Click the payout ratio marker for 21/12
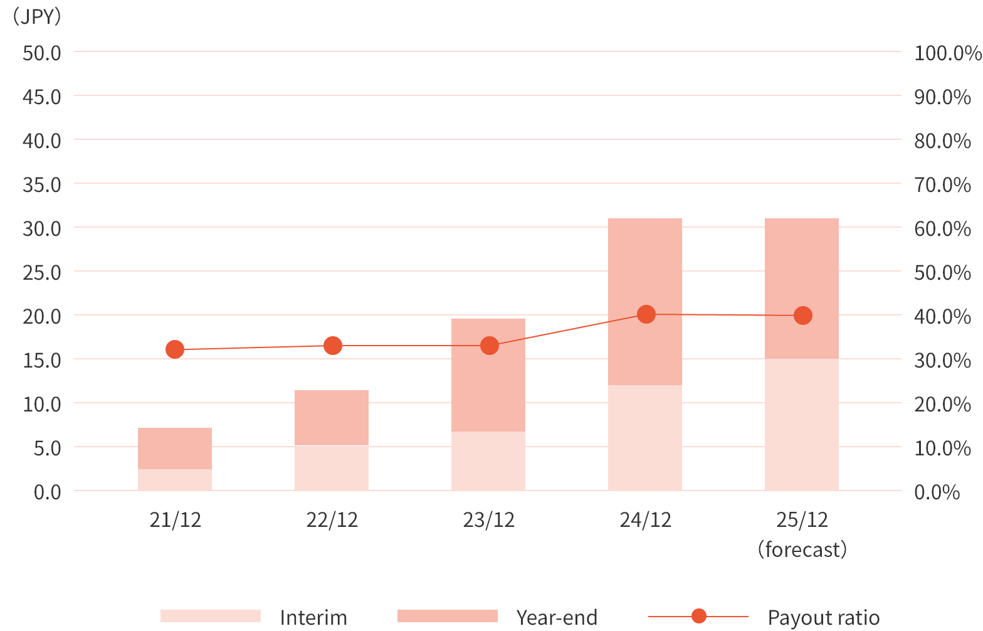coord(175,349)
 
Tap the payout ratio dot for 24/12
coord(646,314)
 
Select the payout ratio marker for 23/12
coord(489,346)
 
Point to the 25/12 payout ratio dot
coord(802,315)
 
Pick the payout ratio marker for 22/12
coord(332,346)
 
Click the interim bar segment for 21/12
coord(175,480)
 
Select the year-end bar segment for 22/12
coord(332,418)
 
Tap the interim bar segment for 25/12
coord(802,425)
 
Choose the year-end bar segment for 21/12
coord(175,448)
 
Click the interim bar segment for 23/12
coord(488,461)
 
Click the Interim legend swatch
coord(211,616)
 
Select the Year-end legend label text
coord(557,617)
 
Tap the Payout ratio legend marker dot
coord(698,617)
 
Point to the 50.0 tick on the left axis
coord(42,53)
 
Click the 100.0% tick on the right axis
coord(947,53)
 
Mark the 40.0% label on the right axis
coord(942,316)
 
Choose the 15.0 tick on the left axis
coord(42,360)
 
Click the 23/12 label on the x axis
coord(489,520)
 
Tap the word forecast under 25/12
coord(802,549)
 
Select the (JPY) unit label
coord(37,16)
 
